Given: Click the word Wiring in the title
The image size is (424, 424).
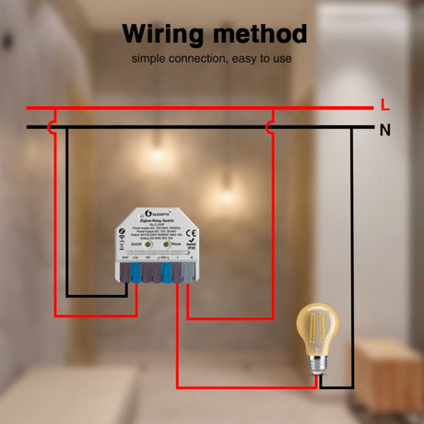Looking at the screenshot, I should pos(166,34).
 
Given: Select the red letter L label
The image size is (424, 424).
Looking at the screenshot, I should pos(385,105).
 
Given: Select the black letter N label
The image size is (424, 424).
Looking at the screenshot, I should pos(385,129).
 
